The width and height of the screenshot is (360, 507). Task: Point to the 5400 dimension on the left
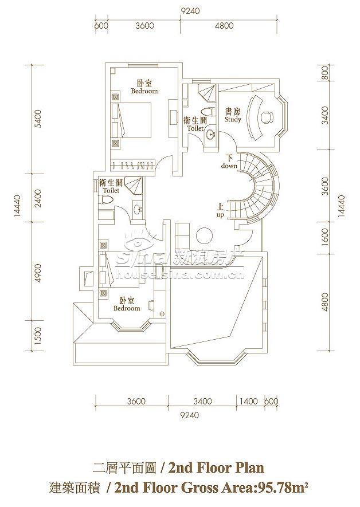pyautogui.click(x=38, y=119)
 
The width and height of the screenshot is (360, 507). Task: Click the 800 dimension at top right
pyautogui.click(x=325, y=73)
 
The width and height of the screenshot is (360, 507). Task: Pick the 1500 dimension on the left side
pyautogui.click(x=38, y=335)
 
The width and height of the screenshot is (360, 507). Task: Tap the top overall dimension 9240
pyautogui.click(x=190, y=11)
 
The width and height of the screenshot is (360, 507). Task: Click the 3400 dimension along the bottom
pyautogui.click(x=202, y=401)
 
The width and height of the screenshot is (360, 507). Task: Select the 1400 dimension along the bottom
pyautogui.click(x=248, y=401)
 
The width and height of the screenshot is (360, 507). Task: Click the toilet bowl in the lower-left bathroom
pyautogui.click(x=107, y=200)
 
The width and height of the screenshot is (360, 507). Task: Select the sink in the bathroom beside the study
pyautogui.click(x=210, y=135)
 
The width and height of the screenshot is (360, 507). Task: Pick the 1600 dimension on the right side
pyautogui.click(x=325, y=237)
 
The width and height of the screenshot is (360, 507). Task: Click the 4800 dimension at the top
pyautogui.click(x=224, y=26)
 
